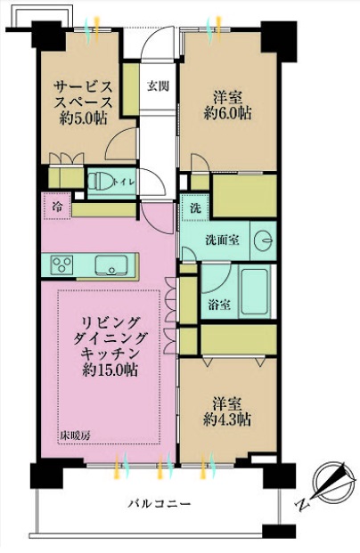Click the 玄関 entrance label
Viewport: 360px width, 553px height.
158,86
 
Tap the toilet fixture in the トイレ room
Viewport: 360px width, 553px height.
100,182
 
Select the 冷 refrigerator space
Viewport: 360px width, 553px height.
58,206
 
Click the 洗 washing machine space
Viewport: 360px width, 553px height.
195,207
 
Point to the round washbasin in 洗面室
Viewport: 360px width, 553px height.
264,241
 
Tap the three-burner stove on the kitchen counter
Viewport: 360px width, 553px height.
62,264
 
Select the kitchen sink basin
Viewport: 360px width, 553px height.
110,264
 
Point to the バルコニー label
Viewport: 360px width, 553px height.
159,503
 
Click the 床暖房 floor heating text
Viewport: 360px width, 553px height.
74,436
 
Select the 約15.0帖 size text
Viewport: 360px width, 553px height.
110,370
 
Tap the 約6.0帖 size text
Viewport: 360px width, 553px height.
227,113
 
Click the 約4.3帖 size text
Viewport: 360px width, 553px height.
227,419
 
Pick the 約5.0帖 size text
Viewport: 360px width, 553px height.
83,118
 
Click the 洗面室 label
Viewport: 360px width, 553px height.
222,240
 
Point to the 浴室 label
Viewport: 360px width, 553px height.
219,305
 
